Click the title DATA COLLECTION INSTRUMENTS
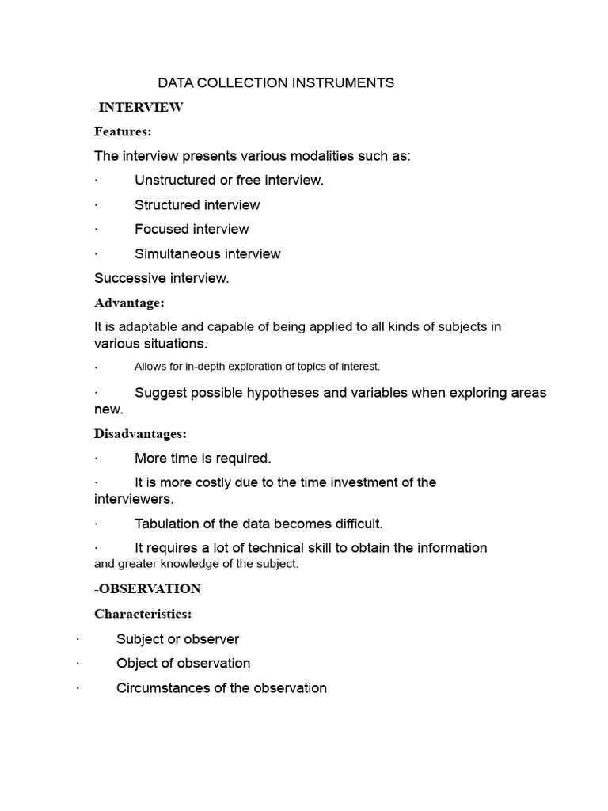pyautogui.click(x=275, y=82)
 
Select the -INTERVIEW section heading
pyautogui.click(x=139, y=107)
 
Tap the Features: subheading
pyautogui.click(x=123, y=131)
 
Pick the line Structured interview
pyautogui.click(x=197, y=204)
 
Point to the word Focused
pyautogui.click(x=159, y=229)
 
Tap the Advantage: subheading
pyautogui.click(x=129, y=303)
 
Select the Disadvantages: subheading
pyautogui.click(x=140, y=434)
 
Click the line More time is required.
pyautogui.click(x=203, y=458)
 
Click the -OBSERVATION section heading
pyautogui.click(x=147, y=588)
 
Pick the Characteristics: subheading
pyautogui.click(x=142, y=614)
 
